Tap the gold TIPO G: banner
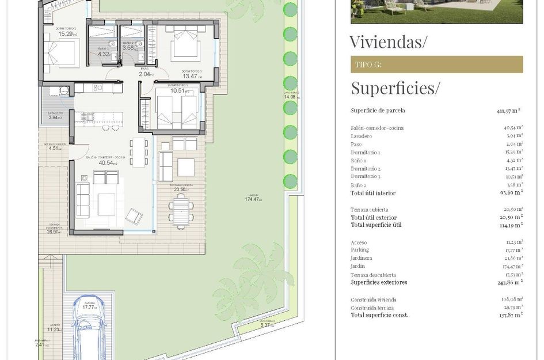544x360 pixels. point(436,65)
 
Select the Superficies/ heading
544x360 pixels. point(395,88)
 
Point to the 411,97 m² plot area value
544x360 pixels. point(509,111)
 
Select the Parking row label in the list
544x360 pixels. point(360,250)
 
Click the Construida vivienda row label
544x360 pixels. point(373,300)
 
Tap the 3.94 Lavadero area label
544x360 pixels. point(58,118)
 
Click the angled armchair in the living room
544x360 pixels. point(135,216)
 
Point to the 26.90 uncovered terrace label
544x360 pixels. point(54,231)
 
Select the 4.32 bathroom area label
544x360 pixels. point(104,54)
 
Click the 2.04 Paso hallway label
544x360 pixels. point(144,74)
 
